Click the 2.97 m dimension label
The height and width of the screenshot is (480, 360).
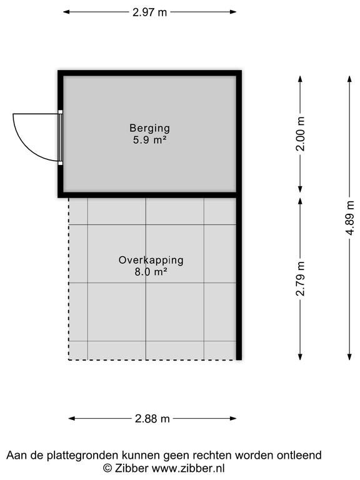[150, 12]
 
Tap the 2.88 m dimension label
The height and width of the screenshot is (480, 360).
[152, 419]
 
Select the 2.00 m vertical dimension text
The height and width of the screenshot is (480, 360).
[301, 134]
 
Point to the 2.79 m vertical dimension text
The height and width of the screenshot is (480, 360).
[301, 279]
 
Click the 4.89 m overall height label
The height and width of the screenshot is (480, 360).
[349, 218]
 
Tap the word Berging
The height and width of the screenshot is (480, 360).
[149, 128]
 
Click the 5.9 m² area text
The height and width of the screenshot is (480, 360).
[150, 140]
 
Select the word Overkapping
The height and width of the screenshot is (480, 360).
[151, 260]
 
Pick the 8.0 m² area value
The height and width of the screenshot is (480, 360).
[151, 272]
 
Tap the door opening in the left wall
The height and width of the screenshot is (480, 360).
[60, 137]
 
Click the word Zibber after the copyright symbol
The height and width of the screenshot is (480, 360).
[132, 468]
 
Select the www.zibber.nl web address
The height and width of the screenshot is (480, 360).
[188, 468]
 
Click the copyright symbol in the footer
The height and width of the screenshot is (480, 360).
[107, 468]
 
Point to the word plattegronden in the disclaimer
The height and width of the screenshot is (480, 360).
[83, 456]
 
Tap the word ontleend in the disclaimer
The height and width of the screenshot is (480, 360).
[299, 455]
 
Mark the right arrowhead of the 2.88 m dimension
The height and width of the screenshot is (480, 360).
[233, 419]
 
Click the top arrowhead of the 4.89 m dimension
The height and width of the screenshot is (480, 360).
[349, 79]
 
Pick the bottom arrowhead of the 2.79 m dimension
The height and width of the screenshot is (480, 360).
[300, 357]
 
